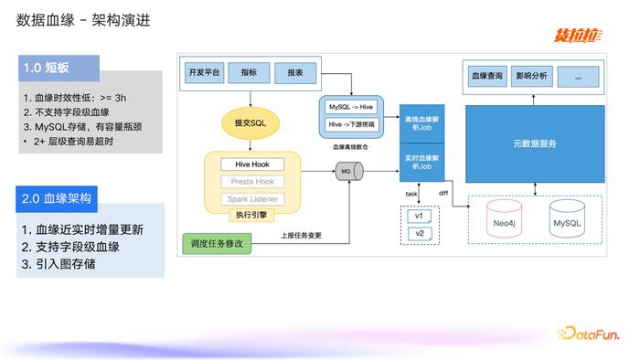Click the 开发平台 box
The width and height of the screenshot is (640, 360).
pyautogui.click(x=203, y=72)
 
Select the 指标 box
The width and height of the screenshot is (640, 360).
pyautogui.click(x=249, y=72)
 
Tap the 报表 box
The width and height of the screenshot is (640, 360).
pyautogui.click(x=295, y=72)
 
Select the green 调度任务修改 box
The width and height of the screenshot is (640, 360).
pyautogui.click(x=219, y=244)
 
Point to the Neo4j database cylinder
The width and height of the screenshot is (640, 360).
pyautogui.click(x=499, y=223)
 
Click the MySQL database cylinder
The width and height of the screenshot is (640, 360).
pyautogui.click(x=567, y=223)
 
